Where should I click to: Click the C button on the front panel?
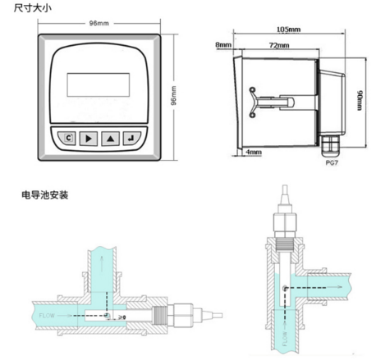(x=67, y=139)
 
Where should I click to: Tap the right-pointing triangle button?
(x=89, y=139)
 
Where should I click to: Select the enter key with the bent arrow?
(x=131, y=139)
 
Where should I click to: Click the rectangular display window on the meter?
(x=99, y=84)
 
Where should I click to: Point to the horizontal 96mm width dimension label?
(x=99, y=24)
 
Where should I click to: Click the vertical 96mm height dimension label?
(x=173, y=95)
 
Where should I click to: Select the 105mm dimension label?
(x=288, y=30)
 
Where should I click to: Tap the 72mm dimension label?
(x=279, y=45)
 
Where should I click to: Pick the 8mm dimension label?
(x=223, y=44)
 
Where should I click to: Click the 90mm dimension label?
(x=360, y=100)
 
